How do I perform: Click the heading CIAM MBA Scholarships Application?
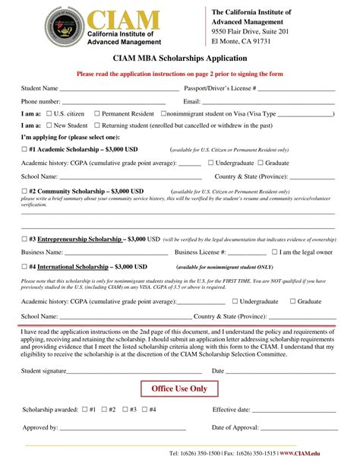point(179,59)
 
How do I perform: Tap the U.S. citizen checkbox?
point(49,113)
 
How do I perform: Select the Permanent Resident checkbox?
point(96,113)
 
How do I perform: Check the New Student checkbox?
point(49,125)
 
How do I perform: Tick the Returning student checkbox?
point(96,125)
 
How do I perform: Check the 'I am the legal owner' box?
point(275,252)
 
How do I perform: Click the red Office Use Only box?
point(179,389)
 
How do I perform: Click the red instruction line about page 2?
point(179,74)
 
